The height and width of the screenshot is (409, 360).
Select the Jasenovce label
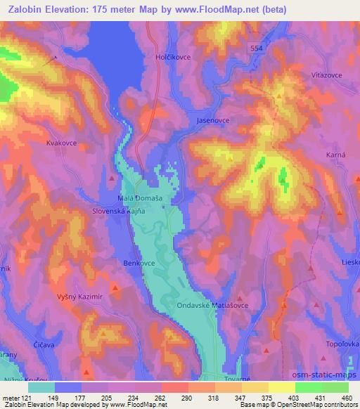click(213, 121)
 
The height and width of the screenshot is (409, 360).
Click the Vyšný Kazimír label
click(80, 297)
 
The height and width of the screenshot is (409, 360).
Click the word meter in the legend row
click(11, 396)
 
